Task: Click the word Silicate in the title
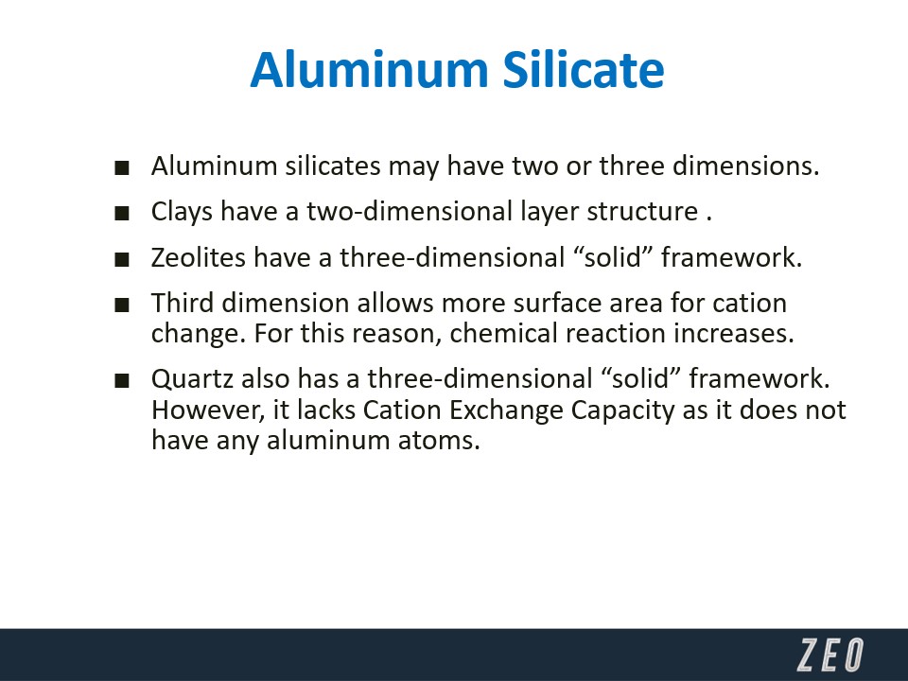click(x=584, y=69)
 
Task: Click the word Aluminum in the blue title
click(x=370, y=69)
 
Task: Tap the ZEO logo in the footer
click(x=830, y=655)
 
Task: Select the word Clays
click(x=182, y=212)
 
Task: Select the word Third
click(x=183, y=303)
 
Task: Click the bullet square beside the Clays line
click(x=122, y=214)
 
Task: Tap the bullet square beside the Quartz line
click(x=122, y=381)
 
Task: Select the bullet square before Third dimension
click(x=122, y=305)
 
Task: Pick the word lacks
click(x=326, y=410)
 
